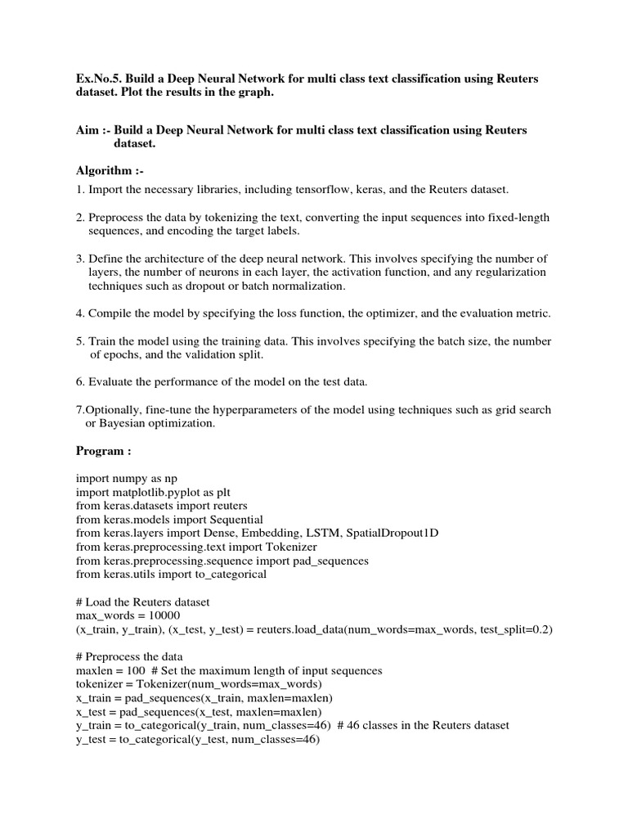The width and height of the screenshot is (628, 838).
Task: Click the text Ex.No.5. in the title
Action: pyautogui.click(x=97, y=78)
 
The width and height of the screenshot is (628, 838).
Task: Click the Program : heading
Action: pyautogui.click(x=103, y=450)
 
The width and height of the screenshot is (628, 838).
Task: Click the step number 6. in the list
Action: pyautogui.click(x=80, y=382)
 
